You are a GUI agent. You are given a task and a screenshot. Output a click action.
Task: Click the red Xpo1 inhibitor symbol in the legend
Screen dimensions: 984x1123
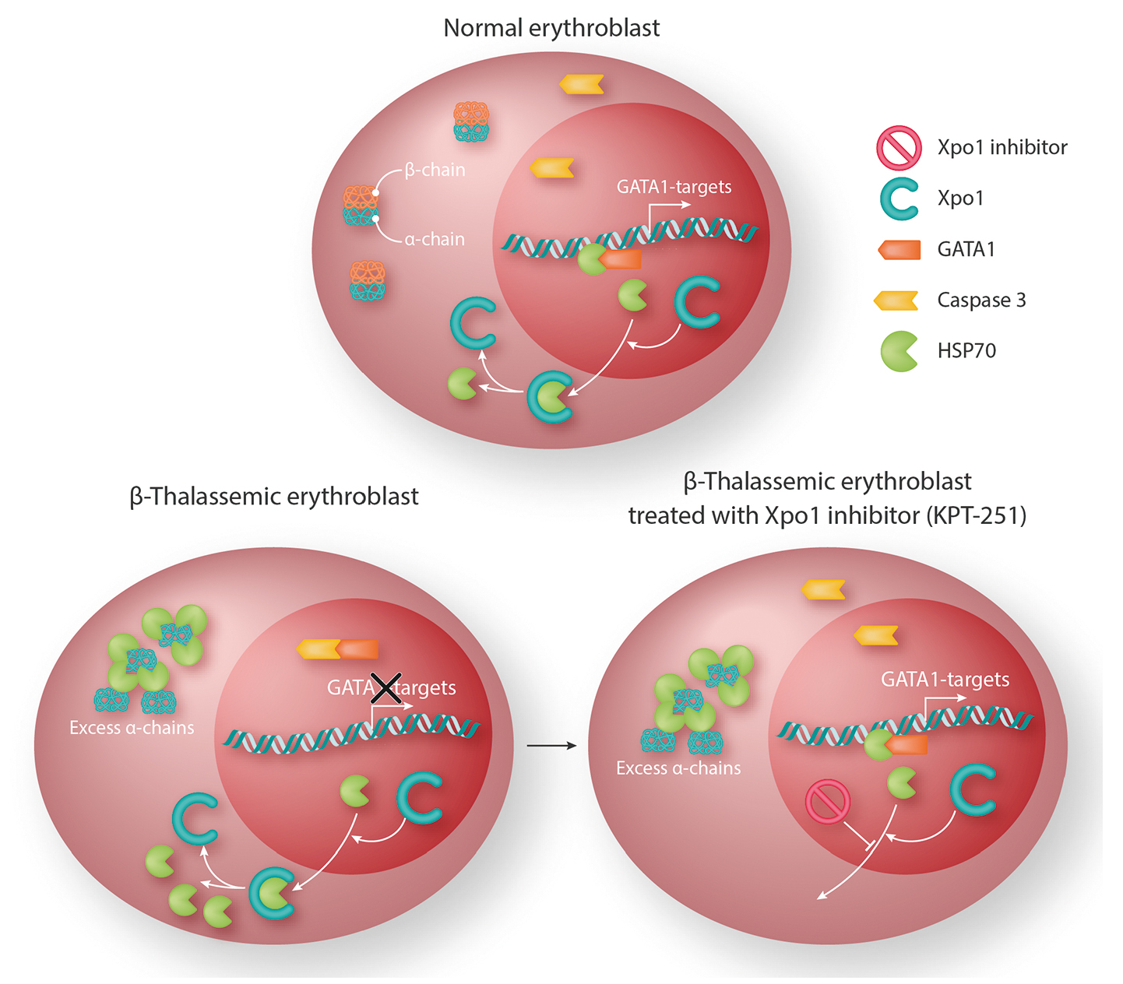click(x=899, y=148)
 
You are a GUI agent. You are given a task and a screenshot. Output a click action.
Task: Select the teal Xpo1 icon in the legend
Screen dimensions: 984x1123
click(x=899, y=199)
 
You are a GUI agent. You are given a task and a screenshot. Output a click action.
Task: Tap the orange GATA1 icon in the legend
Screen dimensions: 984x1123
click(x=899, y=250)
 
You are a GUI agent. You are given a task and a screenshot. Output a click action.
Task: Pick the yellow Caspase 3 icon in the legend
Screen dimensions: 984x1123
click(x=896, y=300)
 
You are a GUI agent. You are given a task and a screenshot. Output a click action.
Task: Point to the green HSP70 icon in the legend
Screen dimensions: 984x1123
click(x=899, y=351)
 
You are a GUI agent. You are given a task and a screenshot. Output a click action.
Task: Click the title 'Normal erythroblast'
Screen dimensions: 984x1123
click(x=551, y=28)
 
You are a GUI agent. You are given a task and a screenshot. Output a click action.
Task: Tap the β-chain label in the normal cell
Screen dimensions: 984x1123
click(x=435, y=170)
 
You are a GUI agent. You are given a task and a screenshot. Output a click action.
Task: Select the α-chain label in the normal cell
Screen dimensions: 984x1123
click(x=435, y=240)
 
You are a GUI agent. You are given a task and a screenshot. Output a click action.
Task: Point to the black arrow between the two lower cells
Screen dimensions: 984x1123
click(x=551, y=746)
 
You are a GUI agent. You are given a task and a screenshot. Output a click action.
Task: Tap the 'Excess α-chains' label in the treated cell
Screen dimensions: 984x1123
click(x=678, y=768)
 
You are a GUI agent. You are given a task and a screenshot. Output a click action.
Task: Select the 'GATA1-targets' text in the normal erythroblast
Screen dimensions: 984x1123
click(x=674, y=187)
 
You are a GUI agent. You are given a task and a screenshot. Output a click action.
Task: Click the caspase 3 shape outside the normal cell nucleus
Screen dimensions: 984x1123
click(x=582, y=84)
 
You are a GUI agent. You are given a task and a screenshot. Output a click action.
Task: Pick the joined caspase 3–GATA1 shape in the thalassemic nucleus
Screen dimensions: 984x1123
click(x=337, y=648)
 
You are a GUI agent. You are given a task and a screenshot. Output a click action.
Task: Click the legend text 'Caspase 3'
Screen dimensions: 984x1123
click(x=981, y=300)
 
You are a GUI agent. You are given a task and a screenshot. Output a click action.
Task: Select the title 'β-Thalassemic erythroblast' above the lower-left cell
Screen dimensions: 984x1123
click(x=274, y=497)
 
